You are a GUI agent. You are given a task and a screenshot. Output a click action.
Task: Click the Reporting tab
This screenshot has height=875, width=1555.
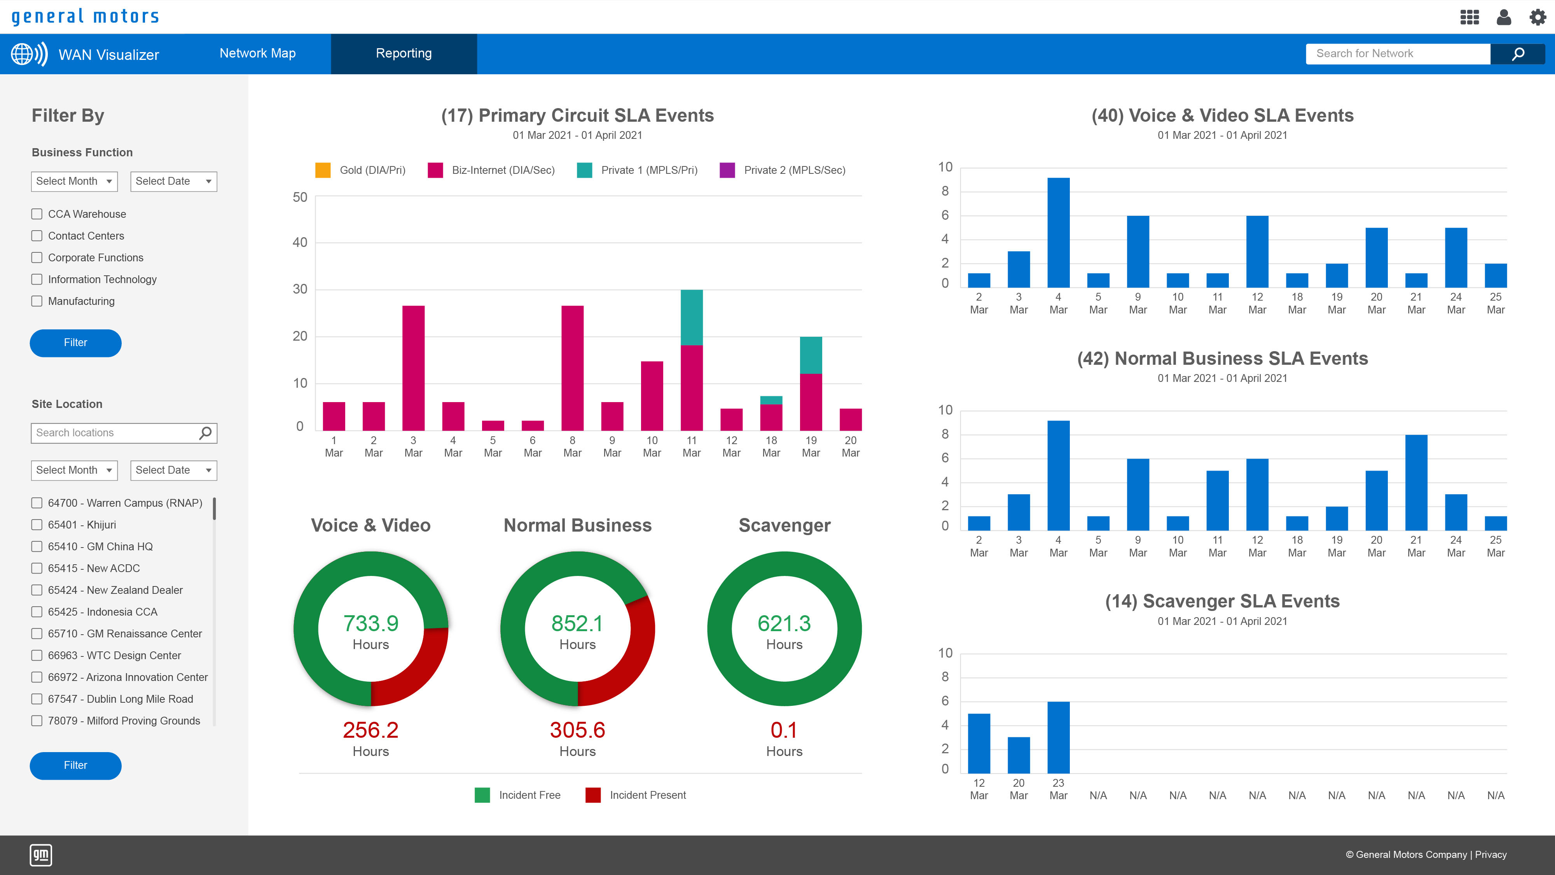tap(403, 54)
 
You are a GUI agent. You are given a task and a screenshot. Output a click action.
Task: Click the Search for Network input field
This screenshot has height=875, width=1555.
tap(1397, 54)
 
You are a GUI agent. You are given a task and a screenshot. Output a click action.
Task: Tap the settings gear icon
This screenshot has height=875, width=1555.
tap(1537, 17)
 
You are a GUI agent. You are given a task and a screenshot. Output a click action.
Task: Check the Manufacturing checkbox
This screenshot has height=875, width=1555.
tap(37, 301)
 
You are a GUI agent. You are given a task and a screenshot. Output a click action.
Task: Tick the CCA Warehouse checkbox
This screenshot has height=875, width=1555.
tap(37, 214)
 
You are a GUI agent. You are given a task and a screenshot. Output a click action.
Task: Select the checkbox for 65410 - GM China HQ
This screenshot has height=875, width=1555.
tap(37, 546)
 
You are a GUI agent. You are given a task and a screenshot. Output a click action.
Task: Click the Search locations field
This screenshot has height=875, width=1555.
tap(115, 433)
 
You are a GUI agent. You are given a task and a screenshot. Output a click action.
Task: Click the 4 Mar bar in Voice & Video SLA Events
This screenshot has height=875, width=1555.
tap(1058, 233)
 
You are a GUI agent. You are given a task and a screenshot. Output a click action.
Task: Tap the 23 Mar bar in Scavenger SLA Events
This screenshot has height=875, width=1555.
tap(1058, 737)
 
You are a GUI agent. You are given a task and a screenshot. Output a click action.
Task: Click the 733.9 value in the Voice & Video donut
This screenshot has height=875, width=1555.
tap(370, 623)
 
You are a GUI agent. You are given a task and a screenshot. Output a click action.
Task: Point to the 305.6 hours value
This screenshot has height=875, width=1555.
tap(577, 730)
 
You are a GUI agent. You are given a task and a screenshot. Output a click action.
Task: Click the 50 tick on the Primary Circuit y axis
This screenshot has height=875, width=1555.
tap(300, 198)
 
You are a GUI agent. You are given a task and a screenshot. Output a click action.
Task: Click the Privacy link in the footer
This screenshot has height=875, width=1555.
tap(1490, 854)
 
